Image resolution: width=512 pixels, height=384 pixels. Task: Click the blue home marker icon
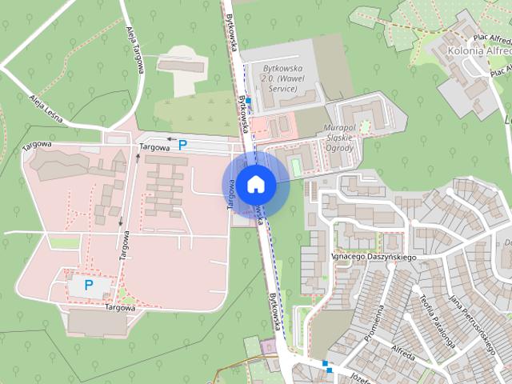click(x=255, y=184)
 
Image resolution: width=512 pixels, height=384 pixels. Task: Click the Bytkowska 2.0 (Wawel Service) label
click(x=279, y=78)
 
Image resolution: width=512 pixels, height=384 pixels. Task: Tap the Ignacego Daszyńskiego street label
click(x=374, y=257)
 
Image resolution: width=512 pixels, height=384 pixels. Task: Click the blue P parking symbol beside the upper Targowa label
click(x=182, y=145)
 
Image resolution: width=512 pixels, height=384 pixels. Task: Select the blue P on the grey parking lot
click(x=89, y=284)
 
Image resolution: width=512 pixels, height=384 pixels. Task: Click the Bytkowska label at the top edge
click(x=232, y=33)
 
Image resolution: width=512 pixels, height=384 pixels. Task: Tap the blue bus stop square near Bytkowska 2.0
click(x=249, y=101)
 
